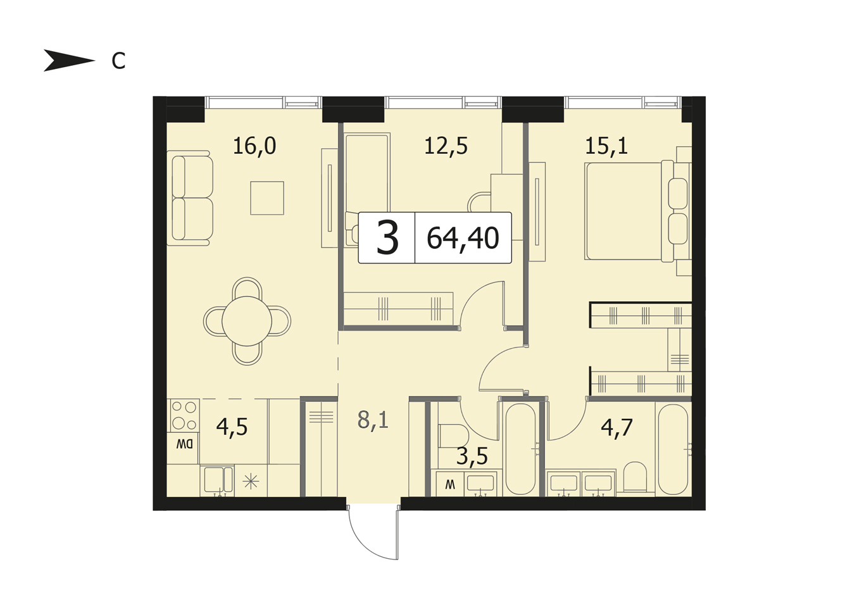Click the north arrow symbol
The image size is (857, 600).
point(69,61)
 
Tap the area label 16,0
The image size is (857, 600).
point(254,146)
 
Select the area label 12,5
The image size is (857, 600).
point(446,146)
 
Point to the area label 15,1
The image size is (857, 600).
point(606,146)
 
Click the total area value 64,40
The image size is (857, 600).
point(463,238)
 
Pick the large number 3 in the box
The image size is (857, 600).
point(387,239)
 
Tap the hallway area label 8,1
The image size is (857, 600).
point(373,420)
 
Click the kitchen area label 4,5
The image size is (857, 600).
point(232,427)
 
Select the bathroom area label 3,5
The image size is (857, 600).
point(472,456)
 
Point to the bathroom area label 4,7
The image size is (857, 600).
point(616,428)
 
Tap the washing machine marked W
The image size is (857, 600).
point(450,485)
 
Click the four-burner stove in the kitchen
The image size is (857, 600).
point(184,415)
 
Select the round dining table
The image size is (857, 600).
point(247,321)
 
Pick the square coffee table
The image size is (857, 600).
point(267,198)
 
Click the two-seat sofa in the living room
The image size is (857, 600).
point(189,198)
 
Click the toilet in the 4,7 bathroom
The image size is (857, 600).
point(635,477)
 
